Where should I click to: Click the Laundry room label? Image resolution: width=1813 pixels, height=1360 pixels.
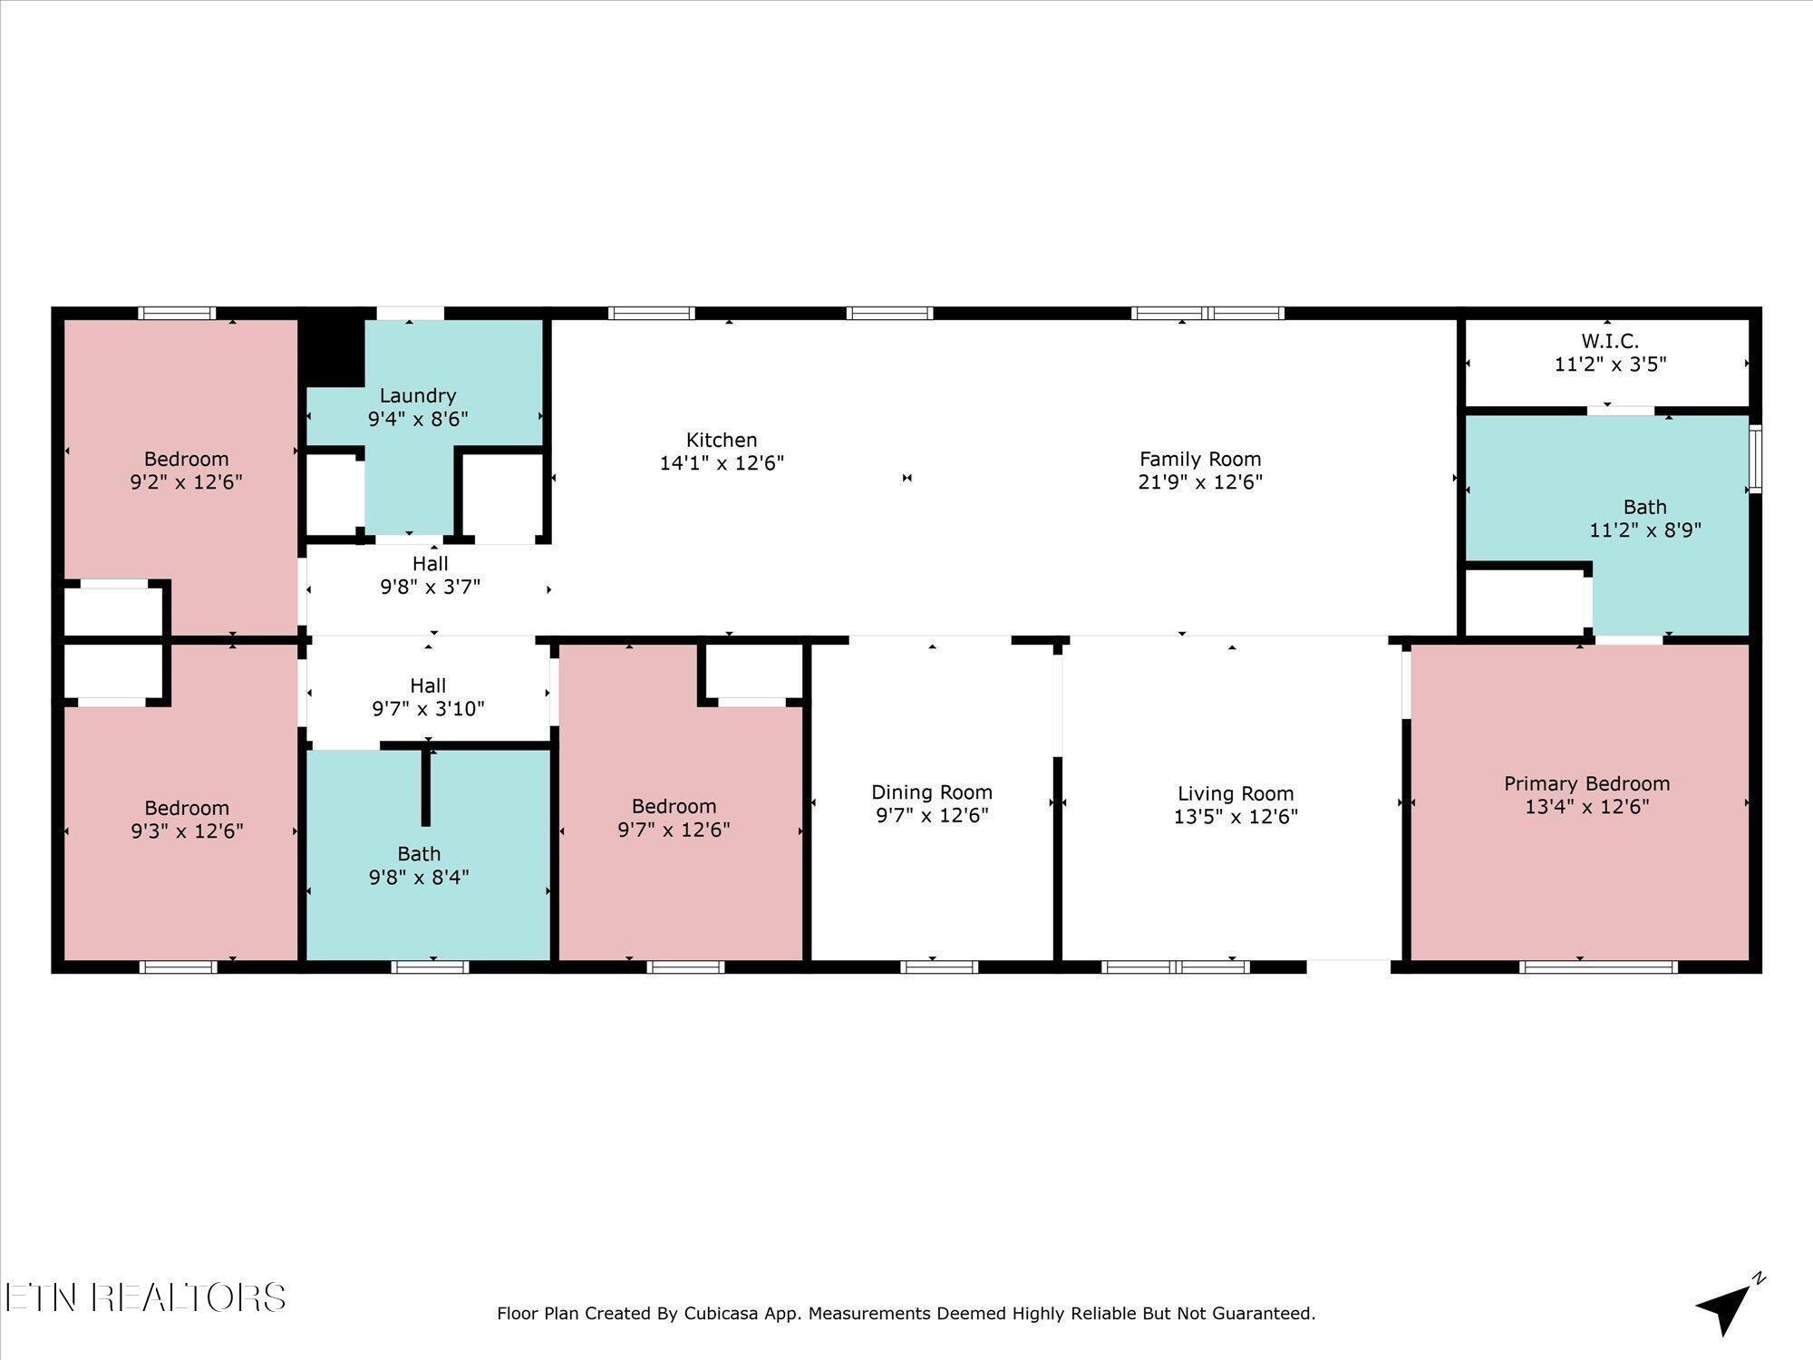[417, 395]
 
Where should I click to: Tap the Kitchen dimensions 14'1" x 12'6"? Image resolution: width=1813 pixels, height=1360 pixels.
[722, 463]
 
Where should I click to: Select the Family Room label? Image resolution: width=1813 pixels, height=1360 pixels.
[1200, 459]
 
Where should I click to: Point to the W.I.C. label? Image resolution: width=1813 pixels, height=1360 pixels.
[1610, 341]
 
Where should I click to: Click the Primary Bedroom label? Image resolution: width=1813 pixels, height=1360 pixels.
[1586, 783]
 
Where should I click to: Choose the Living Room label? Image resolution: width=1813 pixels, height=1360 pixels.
[1236, 794]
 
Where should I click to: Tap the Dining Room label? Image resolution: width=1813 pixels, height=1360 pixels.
[932, 792]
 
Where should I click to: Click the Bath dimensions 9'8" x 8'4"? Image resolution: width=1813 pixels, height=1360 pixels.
[419, 877]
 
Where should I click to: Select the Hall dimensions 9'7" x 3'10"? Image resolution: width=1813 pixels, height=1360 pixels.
[428, 709]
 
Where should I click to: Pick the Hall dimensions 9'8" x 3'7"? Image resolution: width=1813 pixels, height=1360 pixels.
[430, 587]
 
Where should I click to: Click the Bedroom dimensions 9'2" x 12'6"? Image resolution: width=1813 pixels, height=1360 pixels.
[186, 481]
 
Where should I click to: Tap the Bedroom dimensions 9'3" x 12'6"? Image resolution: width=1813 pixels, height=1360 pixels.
[187, 831]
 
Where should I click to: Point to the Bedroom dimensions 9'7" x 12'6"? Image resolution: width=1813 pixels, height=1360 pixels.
[674, 829]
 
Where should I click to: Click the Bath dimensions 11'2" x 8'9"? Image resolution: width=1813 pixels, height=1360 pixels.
[1645, 529]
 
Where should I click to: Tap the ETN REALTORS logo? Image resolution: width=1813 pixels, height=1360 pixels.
[145, 1297]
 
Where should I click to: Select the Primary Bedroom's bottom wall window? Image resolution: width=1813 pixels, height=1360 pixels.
[1598, 967]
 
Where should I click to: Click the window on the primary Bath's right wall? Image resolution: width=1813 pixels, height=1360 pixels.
[1755, 459]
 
